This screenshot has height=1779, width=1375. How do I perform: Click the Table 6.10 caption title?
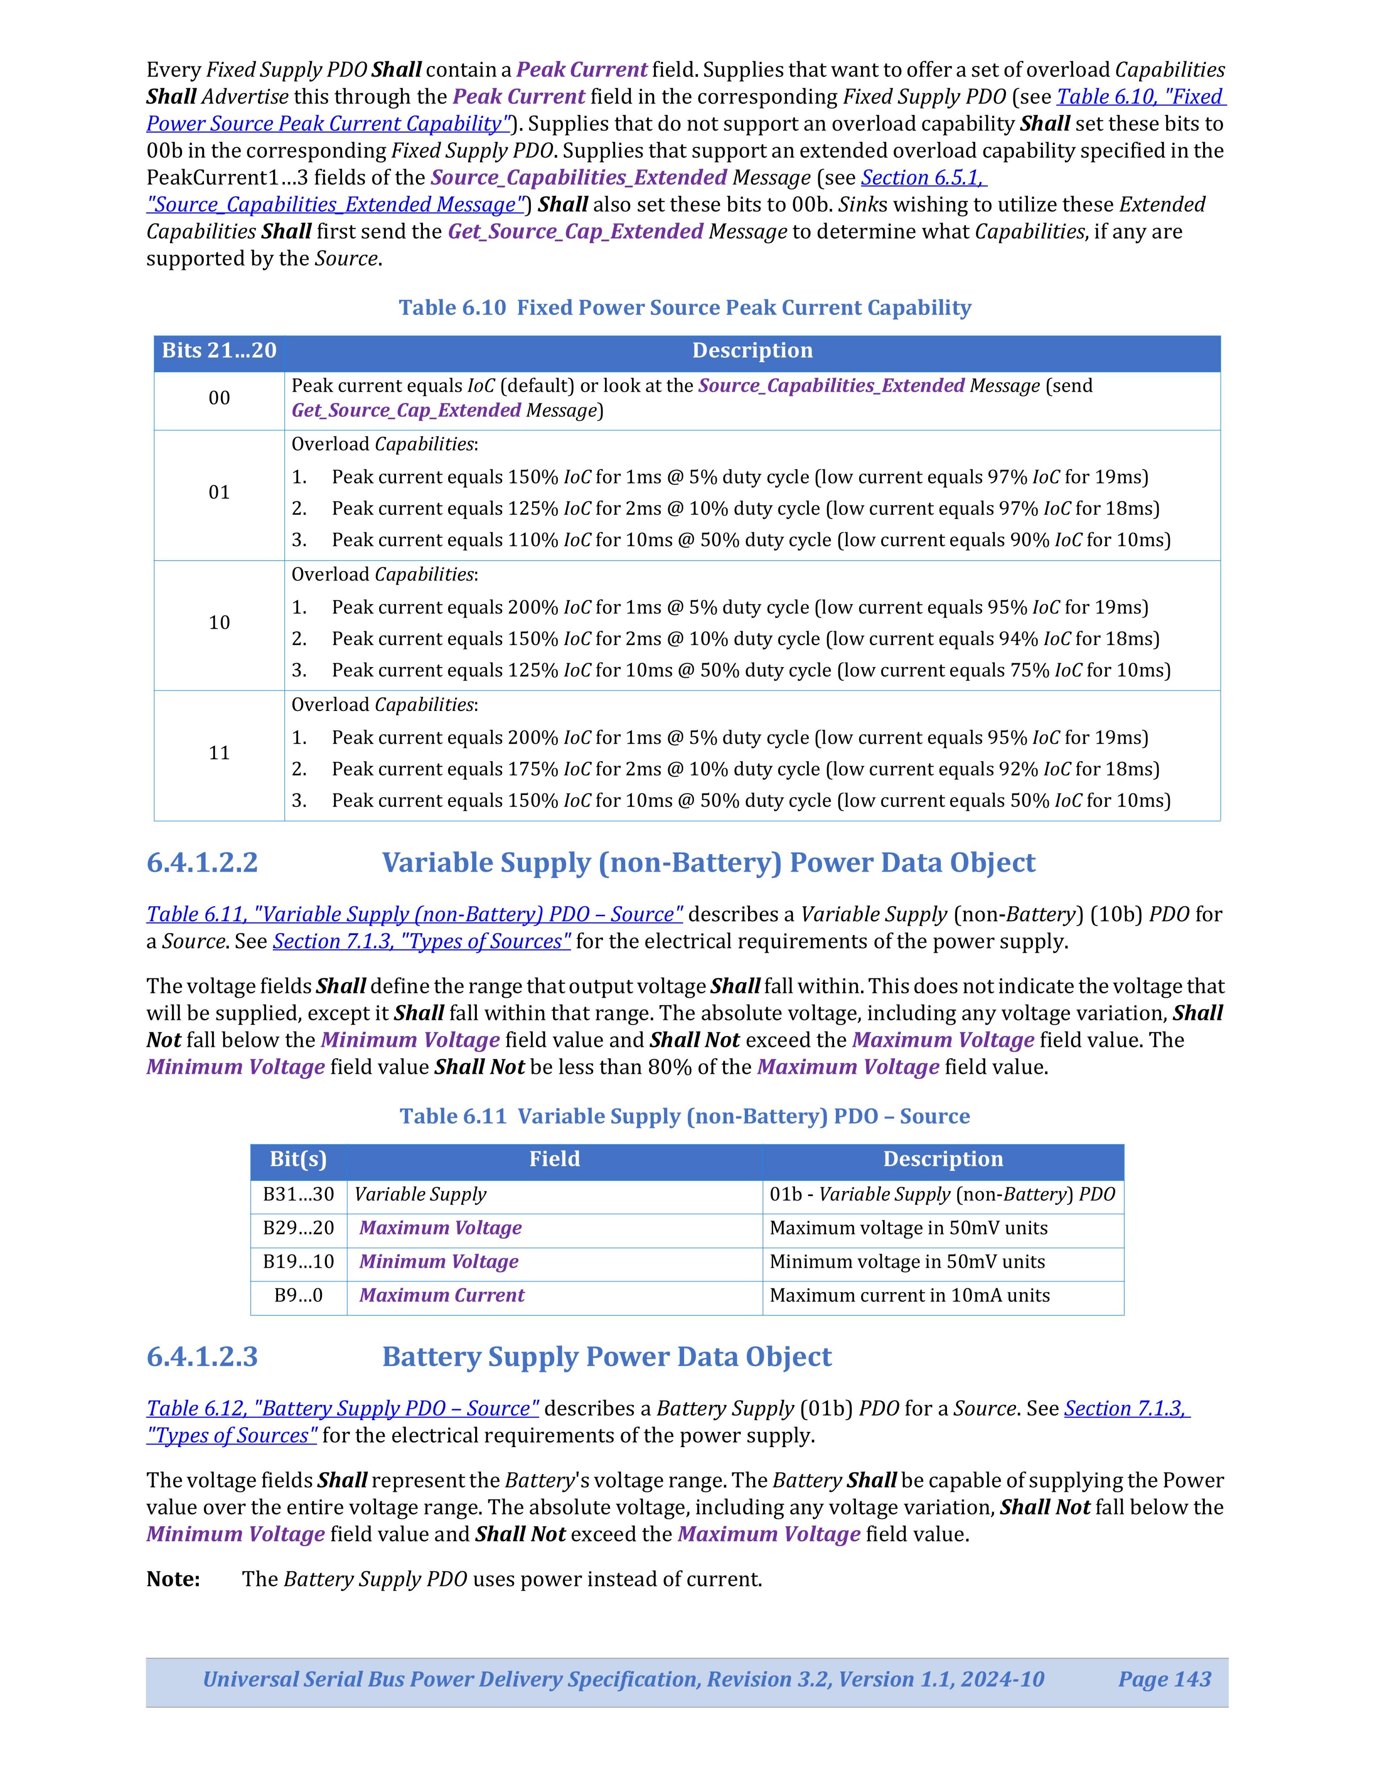point(684,308)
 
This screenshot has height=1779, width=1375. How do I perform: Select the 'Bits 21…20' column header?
point(219,351)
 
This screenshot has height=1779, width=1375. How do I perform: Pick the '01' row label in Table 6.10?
point(219,492)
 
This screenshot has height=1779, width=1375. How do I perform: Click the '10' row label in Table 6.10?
point(219,622)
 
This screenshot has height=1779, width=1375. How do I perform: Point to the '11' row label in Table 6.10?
point(219,753)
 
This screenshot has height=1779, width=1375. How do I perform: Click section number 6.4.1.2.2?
point(202,863)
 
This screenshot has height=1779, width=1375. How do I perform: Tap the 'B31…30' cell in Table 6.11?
point(298,1195)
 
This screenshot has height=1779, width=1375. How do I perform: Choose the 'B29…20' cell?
point(298,1229)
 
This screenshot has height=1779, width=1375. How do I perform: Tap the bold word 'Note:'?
point(173,1579)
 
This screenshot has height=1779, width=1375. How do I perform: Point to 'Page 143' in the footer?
point(1164,1680)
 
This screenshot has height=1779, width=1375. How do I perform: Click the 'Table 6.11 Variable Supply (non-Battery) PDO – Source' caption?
point(684,1117)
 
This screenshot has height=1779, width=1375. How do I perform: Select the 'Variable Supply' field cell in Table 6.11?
point(420,1195)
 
